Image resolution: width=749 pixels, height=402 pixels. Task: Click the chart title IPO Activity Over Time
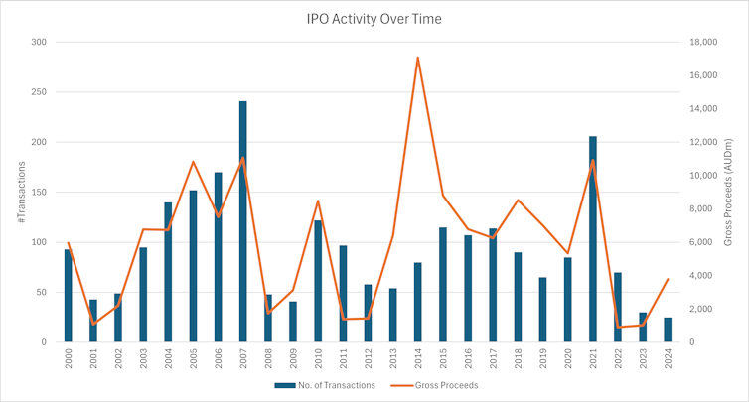[374, 18]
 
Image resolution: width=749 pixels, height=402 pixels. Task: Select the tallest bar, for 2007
[242, 221]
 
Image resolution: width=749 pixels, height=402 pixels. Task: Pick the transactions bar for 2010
[318, 281]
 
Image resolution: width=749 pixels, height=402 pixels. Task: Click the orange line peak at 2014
[417, 58]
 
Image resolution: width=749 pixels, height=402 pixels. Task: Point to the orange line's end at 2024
[668, 279]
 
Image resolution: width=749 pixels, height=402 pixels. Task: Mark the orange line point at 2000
[69, 243]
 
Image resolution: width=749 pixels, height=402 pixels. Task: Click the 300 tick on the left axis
[39, 42]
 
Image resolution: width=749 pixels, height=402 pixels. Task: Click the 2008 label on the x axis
[268, 359]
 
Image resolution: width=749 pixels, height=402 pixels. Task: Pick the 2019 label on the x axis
[542, 359]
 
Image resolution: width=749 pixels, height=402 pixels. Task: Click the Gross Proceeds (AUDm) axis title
[727, 193]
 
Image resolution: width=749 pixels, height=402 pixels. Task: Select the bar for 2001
[93, 321]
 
